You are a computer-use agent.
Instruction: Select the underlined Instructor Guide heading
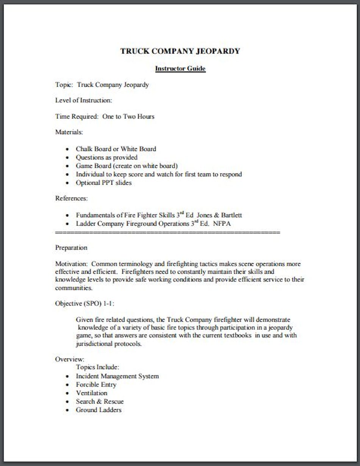click(180, 69)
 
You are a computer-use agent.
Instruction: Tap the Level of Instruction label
click(83, 100)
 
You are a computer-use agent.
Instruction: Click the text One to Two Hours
click(128, 117)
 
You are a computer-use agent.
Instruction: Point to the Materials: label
click(69, 132)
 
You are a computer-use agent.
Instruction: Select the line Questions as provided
click(106, 157)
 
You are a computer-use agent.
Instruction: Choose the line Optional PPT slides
click(103, 182)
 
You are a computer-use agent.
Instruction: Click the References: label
click(71, 198)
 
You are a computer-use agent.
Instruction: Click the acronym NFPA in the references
click(222, 224)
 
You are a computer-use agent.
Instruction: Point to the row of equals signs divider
click(167, 232)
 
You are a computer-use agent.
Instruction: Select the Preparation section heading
click(71, 248)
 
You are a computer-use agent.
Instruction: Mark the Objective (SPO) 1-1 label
click(85, 303)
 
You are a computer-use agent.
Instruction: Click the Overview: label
click(70, 359)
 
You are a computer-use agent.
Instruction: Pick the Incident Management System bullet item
click(117, 376)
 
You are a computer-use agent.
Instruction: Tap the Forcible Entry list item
click(96, 385)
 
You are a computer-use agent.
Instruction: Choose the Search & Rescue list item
click(100, 401)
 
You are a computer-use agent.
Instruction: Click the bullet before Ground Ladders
click(67, 410)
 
